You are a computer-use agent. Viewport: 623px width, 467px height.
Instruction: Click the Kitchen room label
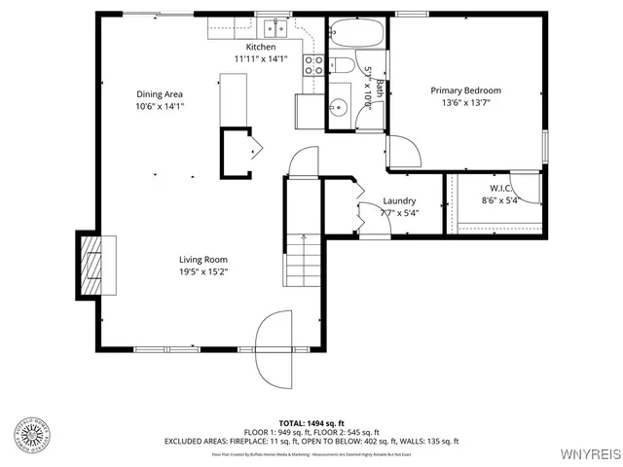[x=260, y=47]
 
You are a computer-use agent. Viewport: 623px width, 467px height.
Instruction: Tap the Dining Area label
[x=160, y=94]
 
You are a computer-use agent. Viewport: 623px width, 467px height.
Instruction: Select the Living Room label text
[x=202, y=259]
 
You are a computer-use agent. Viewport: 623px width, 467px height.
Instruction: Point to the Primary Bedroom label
[x=465, y=90]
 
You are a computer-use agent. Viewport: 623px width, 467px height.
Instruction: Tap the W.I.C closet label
[x=500, y=188]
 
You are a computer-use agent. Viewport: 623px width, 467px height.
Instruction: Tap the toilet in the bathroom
[x=343, y=67]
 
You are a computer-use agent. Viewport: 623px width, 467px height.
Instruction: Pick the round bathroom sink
[x=340, y=108]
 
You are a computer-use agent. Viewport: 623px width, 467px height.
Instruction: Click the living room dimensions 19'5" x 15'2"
[x=202, y=272]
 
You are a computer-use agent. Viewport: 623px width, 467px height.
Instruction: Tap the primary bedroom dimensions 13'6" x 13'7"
[x=465, y=104]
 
